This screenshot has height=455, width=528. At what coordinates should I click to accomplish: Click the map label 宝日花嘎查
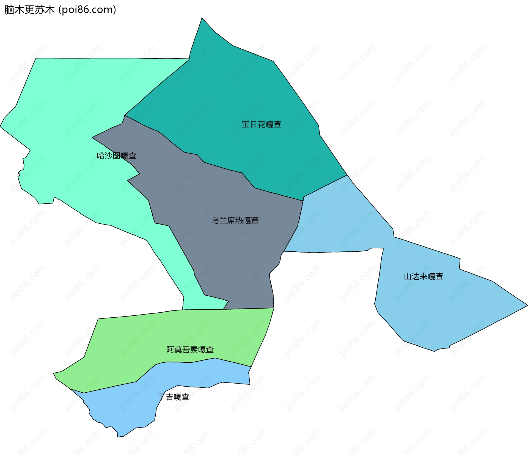click(x=261, y=124)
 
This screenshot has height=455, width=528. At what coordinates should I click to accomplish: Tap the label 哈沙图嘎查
click(x=117, y=156)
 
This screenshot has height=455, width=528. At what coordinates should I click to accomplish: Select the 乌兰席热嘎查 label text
click(x=235, y=220)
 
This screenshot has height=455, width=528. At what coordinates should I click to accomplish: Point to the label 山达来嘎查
click(x=424, y=276)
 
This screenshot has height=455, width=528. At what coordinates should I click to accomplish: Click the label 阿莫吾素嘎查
click(x=190, y=349)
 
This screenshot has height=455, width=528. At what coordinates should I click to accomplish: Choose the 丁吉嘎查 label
click(x=174, y=397)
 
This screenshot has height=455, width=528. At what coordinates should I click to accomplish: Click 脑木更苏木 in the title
click(x=29, y=10)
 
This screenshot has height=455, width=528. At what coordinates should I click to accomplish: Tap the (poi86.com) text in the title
click(x=87, y=10)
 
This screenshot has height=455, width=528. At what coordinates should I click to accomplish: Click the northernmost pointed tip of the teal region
click(x=202, y=18)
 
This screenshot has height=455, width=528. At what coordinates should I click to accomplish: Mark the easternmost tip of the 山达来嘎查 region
click(x=527, y=305)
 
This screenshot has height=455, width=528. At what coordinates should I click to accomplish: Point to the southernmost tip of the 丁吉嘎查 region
click(x=119, y=437)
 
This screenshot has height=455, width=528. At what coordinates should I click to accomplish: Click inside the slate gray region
click(x=220, y=247)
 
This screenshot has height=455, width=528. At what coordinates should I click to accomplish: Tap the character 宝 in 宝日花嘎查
click(x=246, y=124)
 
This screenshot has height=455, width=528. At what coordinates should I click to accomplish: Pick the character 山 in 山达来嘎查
click(x=408, y=276)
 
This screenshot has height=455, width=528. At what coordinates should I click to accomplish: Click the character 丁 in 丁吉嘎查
click(x=161, y=397)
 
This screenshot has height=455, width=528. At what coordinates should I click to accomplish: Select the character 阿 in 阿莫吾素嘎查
click(x=170, y=349)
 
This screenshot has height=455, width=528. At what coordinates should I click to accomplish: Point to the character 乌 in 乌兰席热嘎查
click(x=215, y=220)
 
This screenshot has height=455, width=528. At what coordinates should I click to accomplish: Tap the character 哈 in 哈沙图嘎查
click(x=101, y=156)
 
